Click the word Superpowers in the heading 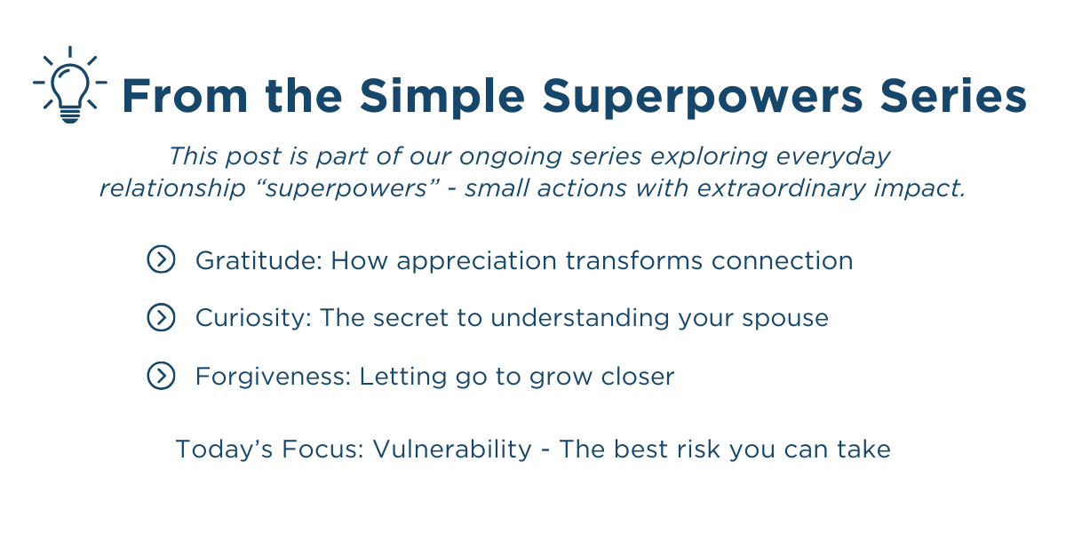(x=702, y=98)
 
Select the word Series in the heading (x=953, y=95)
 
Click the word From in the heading (x=185, y=96)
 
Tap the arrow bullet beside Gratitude (x=161, y=259)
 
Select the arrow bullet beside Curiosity (x=161, y=317)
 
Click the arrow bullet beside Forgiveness (x=161, y=376)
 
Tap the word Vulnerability (x=452, y=449)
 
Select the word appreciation (x=477, y=262)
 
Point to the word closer (x=638, y=376)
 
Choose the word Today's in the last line (x=224, y=449)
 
